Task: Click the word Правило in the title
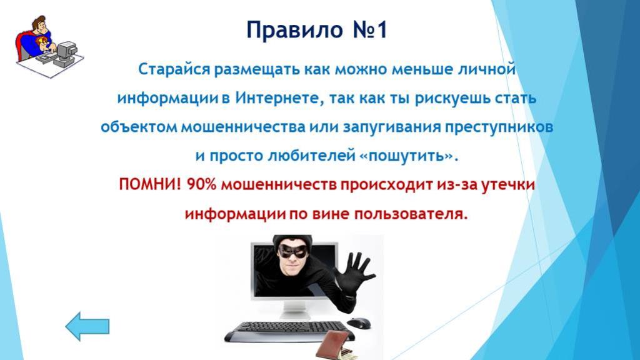point(295,30)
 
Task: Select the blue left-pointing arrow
point(87,326)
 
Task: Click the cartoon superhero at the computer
point(49,46)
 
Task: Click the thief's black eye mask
point(293,250)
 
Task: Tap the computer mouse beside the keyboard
point(359,322)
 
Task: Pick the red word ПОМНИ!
point(150,185)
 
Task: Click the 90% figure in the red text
point(201,185)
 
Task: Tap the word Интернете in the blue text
point(278,98)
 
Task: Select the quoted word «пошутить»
point(409,156)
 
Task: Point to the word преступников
point(499,127)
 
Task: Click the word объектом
point(139,127)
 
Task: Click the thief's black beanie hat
point(292,241)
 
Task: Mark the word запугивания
point(392,127)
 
